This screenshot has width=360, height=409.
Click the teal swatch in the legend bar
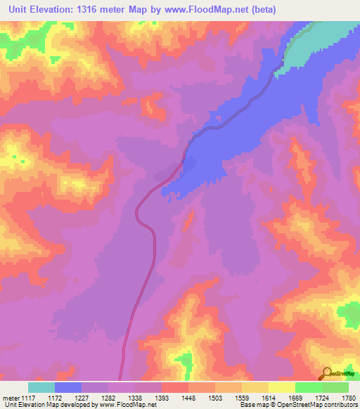click(x=41, y=387)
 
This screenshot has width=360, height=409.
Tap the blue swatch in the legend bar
click(x=68, y=387)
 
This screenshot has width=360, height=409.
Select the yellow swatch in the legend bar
click(x=281, y=387)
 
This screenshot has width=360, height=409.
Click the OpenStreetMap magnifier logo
click(x=327, y=373)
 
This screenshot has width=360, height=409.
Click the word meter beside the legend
click(x=11, y=398)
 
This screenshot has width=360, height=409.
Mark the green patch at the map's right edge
click(x=349, y=313)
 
